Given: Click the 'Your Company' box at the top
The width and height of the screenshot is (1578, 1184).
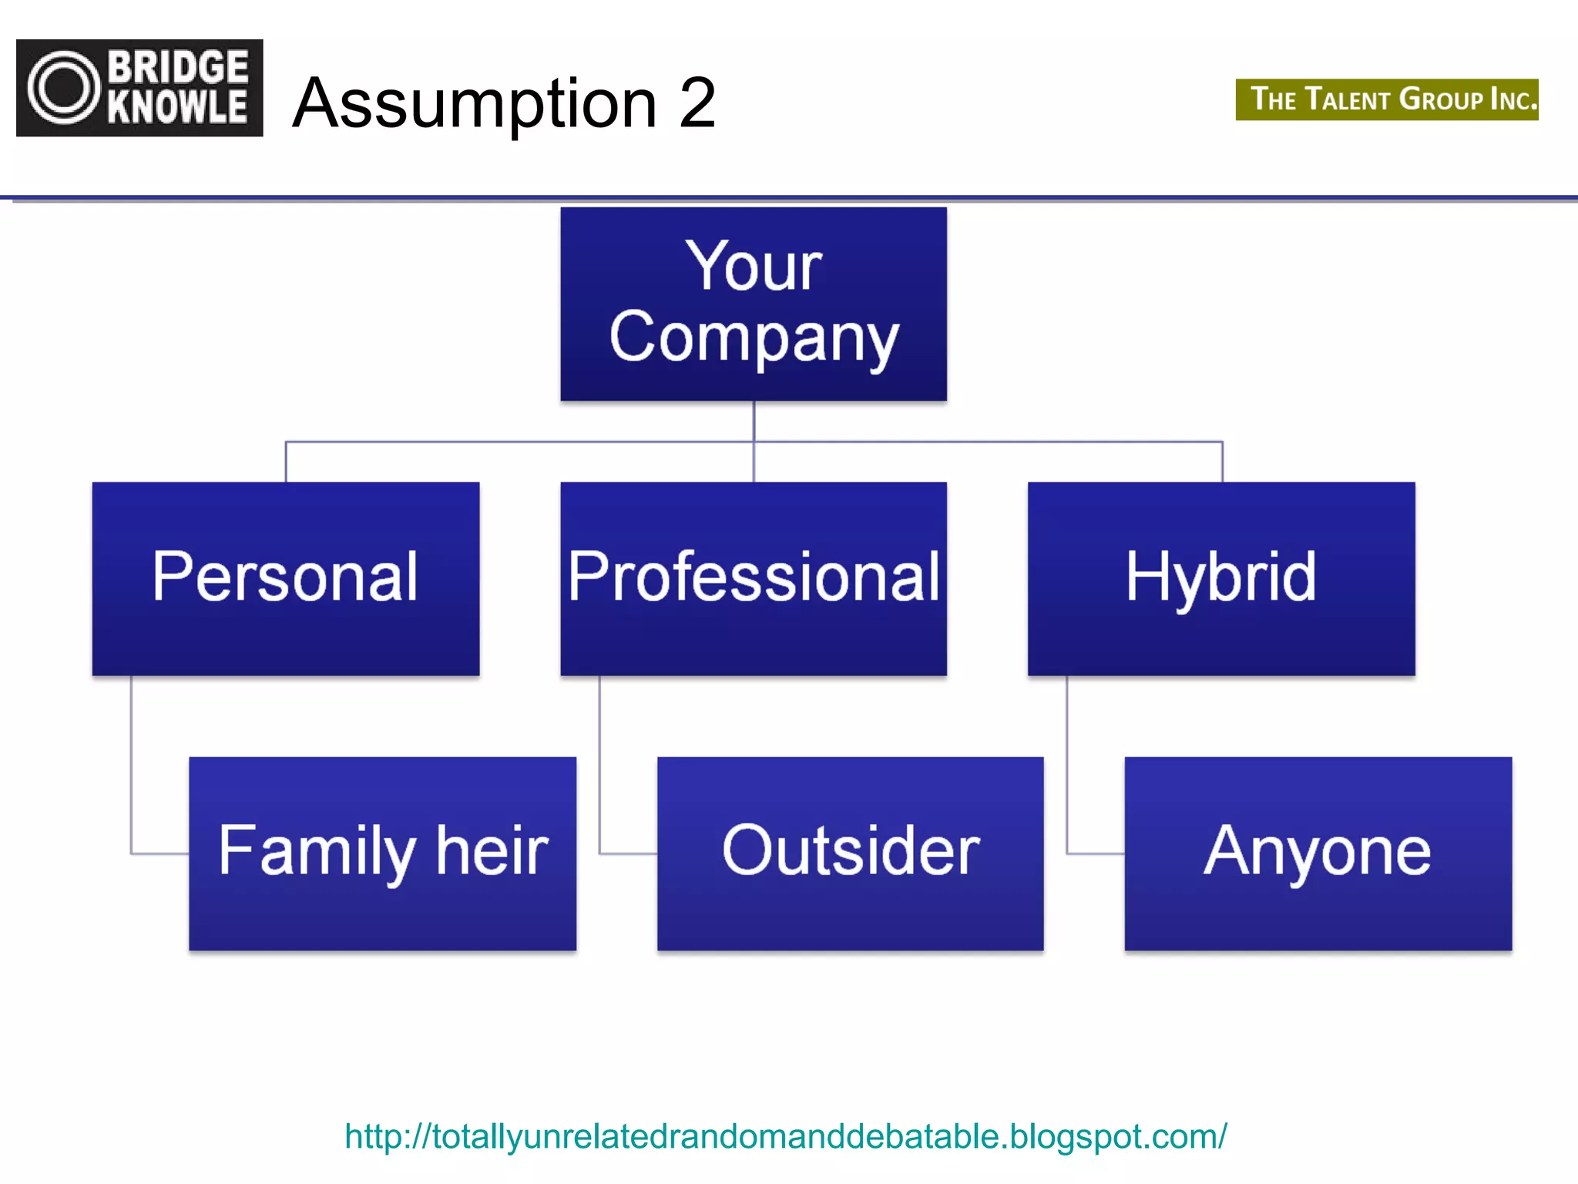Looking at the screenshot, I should (x=753, y=304).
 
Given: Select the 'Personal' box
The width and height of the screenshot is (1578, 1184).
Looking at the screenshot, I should (x=285, y=578).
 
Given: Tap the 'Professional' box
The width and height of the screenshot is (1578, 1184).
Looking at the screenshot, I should (x=753, y=578).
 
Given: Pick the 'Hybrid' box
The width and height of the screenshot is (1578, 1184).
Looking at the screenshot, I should (x=1221, y=578).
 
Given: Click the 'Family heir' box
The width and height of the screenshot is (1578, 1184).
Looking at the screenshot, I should (x=382, y=853).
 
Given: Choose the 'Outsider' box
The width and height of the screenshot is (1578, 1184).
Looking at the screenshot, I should (x=850, y=853).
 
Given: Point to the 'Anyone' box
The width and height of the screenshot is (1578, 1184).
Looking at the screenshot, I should (x=1318, y=853).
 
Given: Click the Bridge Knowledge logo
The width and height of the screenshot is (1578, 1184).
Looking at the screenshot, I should (x=139, y=88).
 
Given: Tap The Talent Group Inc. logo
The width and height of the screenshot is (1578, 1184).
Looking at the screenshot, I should (x=1387, y=99).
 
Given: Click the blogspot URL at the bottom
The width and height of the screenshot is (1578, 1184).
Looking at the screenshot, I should (x=785, y=1136).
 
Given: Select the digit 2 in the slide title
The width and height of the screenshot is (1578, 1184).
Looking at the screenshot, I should (x=697, y=103).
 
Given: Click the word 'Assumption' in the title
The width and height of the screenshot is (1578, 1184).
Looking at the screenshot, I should (x=475, y=105).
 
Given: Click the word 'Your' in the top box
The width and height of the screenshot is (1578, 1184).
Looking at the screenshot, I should (x=753, y=266).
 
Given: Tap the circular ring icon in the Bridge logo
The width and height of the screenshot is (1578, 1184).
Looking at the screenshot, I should (x=65, y=88).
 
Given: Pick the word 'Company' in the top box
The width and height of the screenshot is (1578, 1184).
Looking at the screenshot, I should (x=753, y=339).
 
